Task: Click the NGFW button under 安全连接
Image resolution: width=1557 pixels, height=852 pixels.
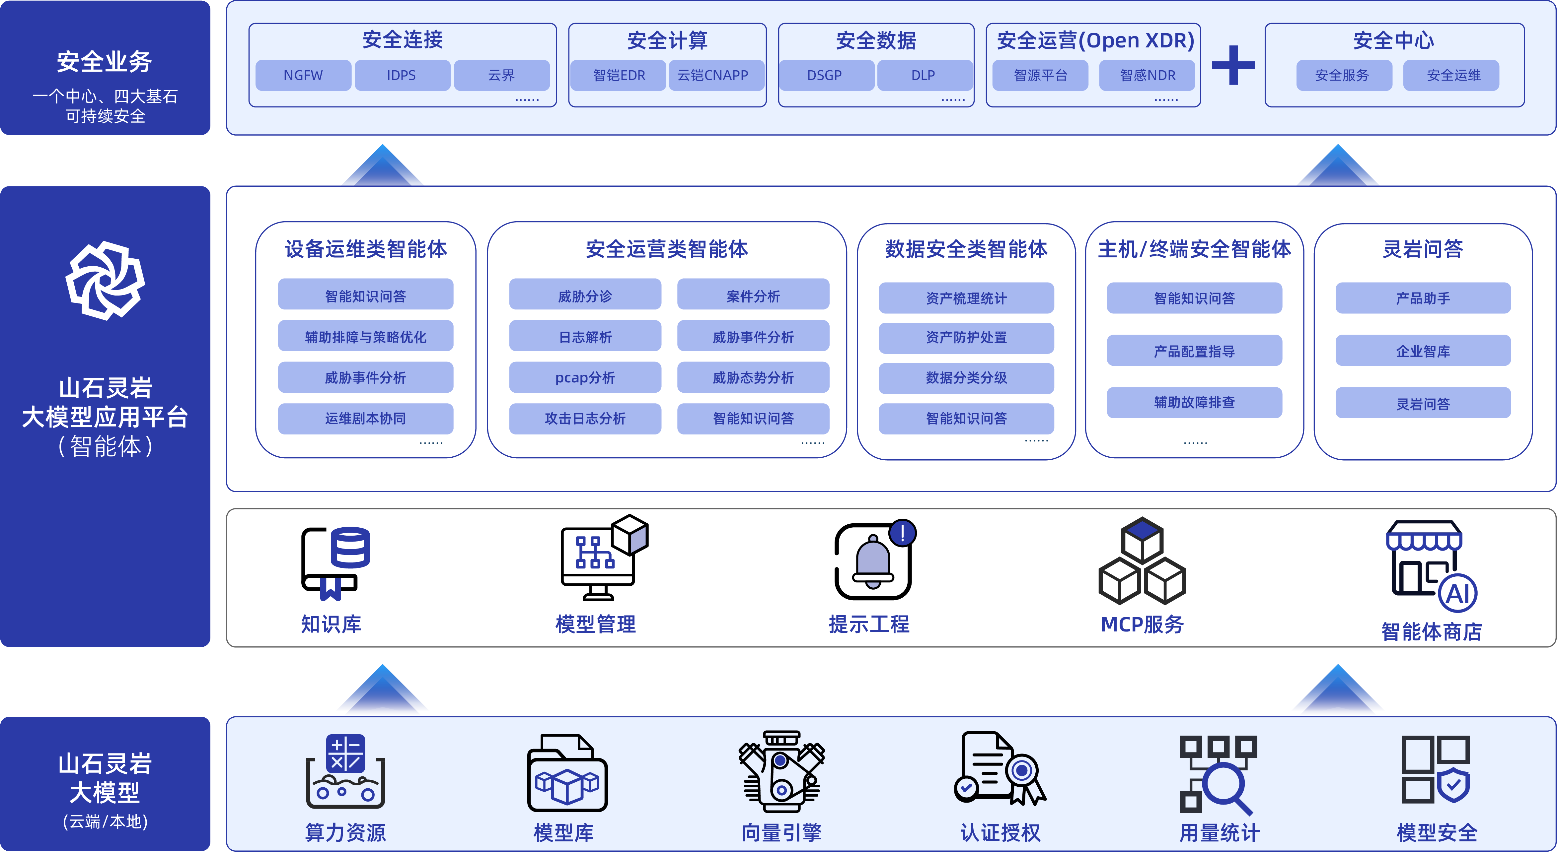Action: point(303,76)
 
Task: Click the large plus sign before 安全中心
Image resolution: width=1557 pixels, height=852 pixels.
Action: point(1233,65)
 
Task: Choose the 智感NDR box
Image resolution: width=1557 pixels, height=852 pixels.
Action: point(1147,76)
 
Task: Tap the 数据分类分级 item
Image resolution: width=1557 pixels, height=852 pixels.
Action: point(966,378)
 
